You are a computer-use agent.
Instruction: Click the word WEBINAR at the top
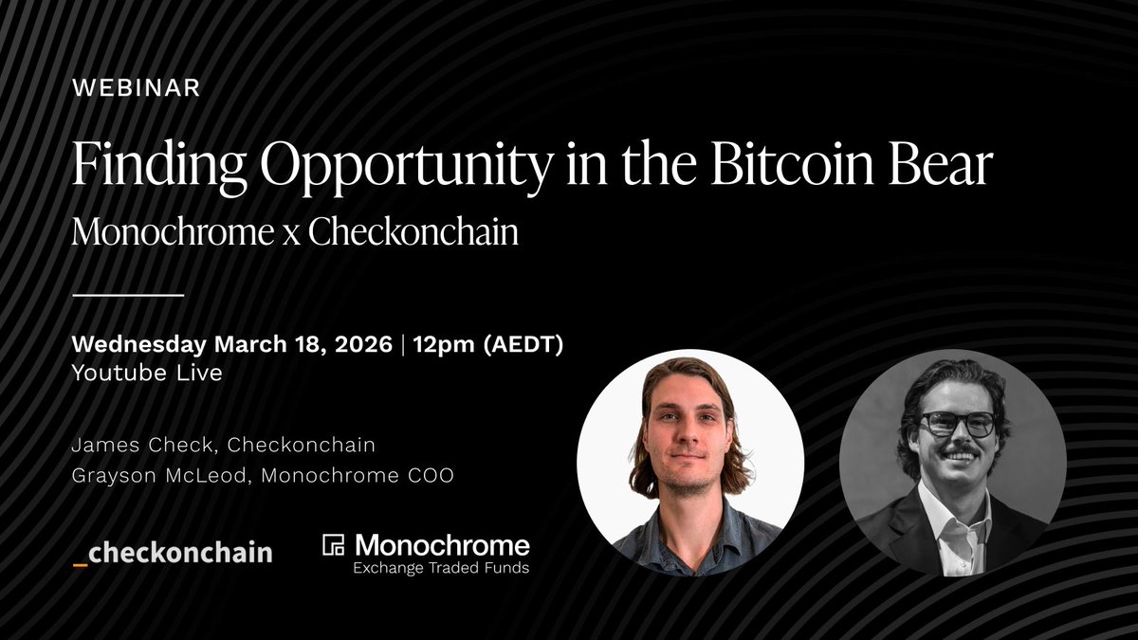coord(136,88)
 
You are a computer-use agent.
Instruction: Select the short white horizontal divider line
coord(128,296)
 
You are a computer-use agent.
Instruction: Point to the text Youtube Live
coord(147,373)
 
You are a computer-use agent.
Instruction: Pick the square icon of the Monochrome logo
coord(334,545)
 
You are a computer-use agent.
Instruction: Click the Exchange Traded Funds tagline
coord(441,569)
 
